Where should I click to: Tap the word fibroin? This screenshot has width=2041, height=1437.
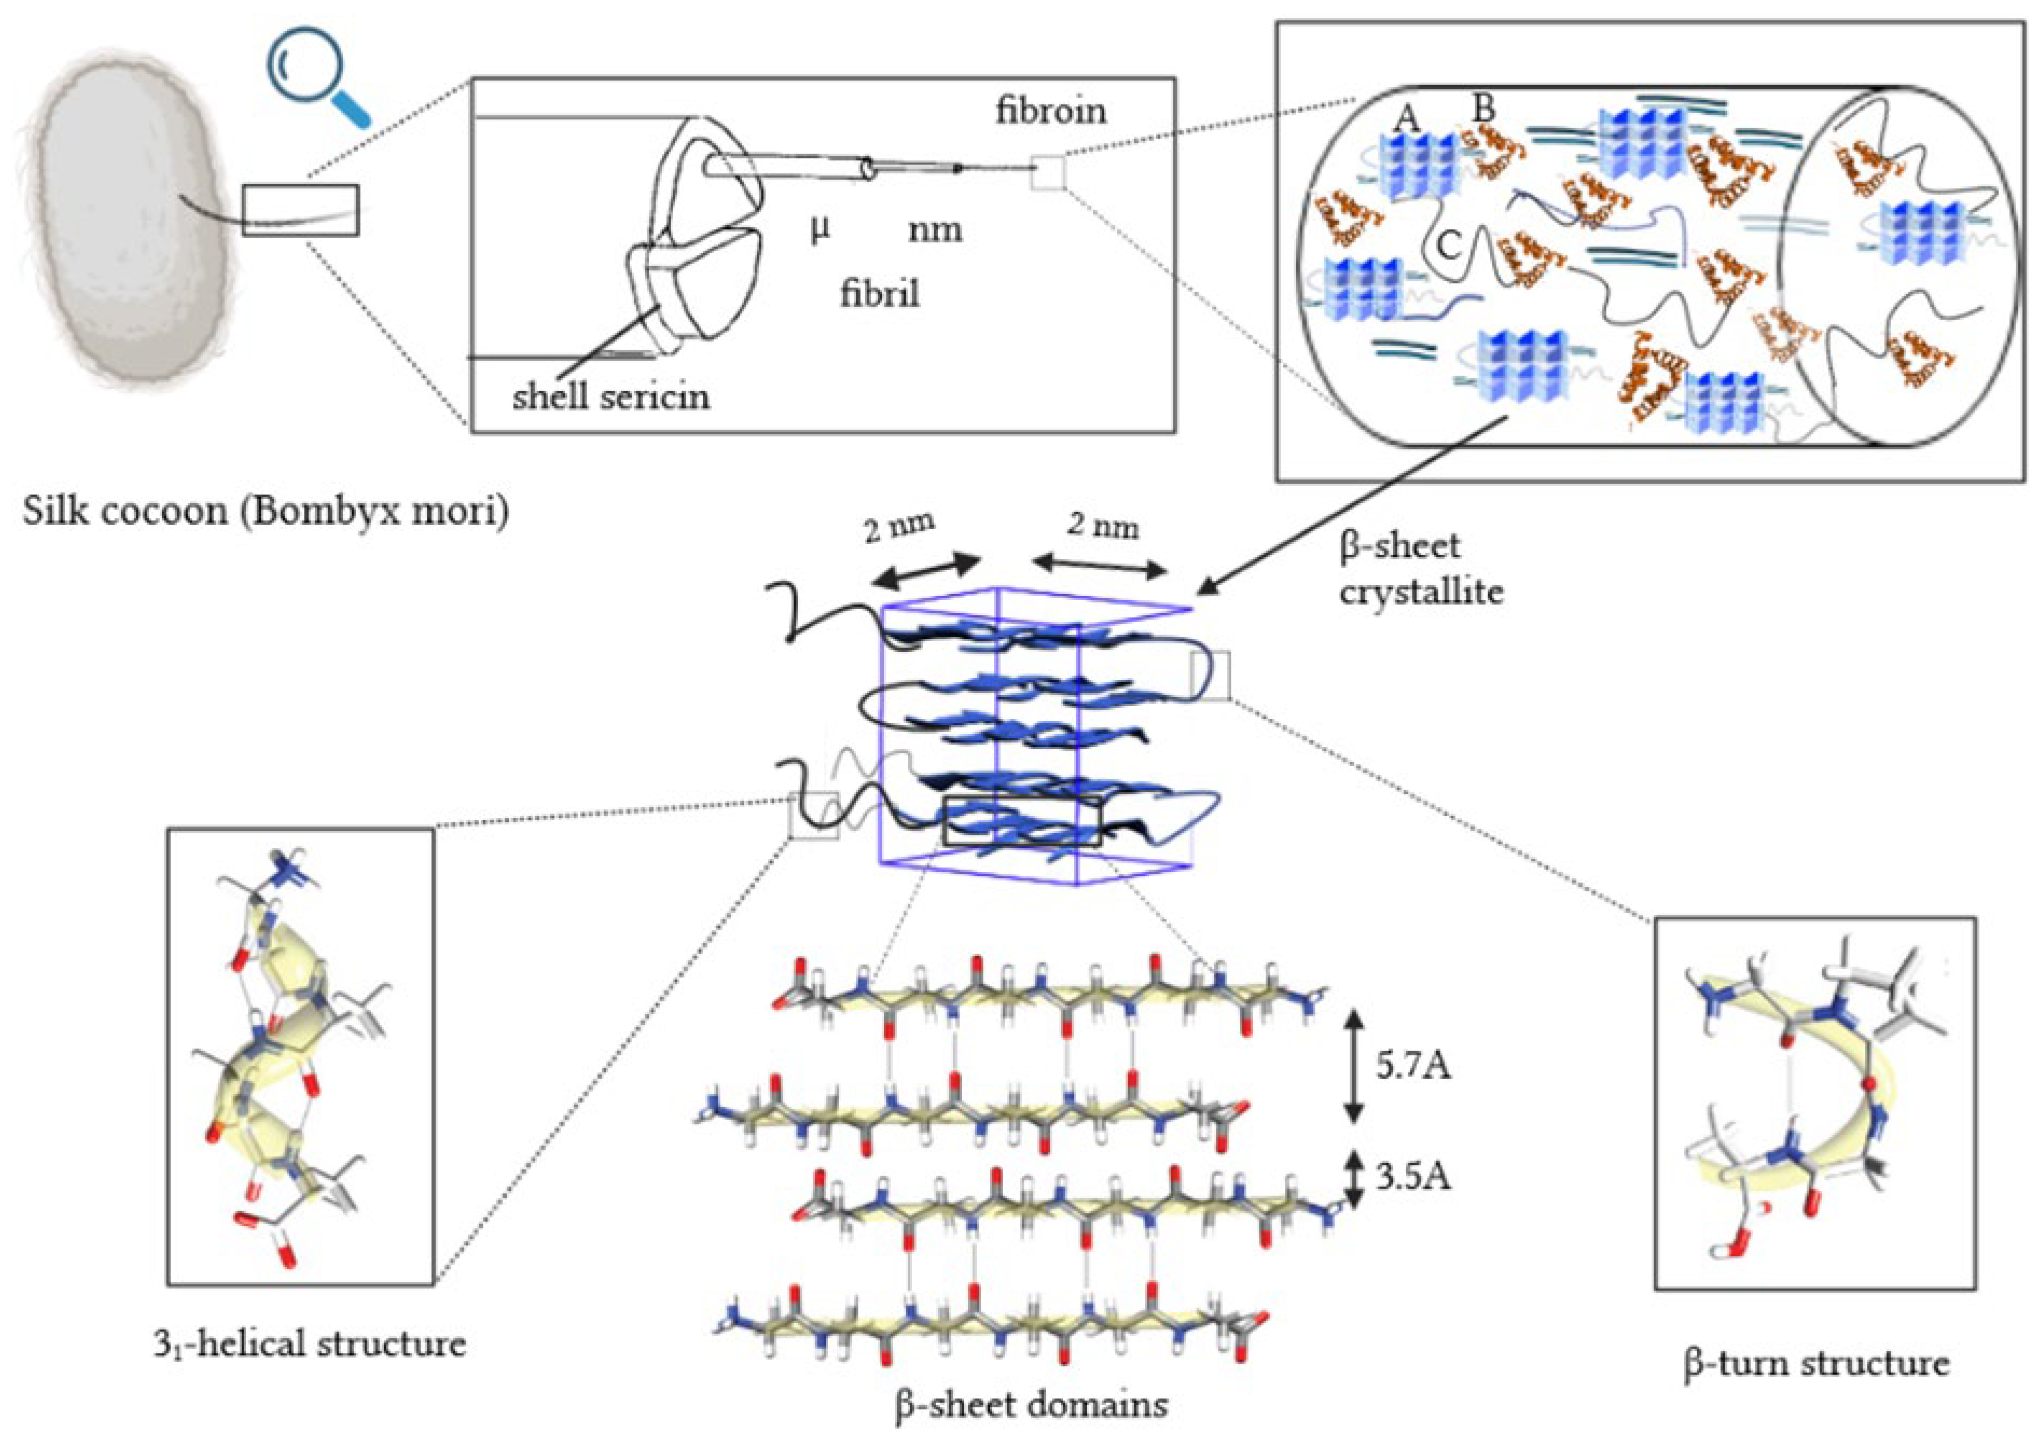coord(1051,111)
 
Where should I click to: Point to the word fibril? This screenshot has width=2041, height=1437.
coord(879,293)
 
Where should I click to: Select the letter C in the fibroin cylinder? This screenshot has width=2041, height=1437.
coord(1449,245)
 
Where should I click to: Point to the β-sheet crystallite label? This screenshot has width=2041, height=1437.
coord(1420,569)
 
